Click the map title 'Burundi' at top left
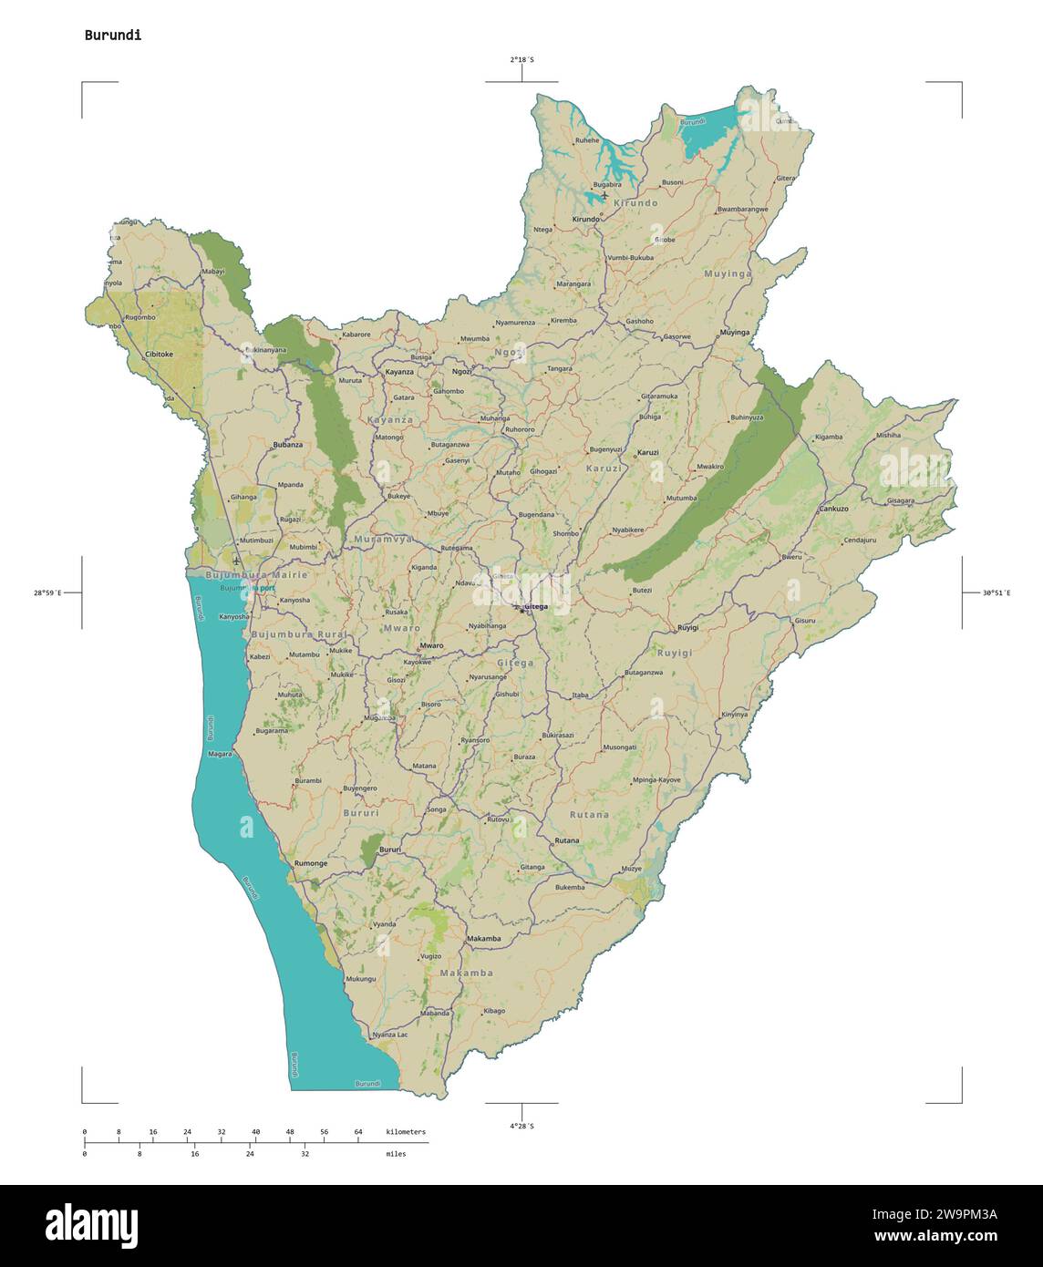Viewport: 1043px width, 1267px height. [112, 36]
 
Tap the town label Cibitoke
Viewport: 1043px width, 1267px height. [159, 354]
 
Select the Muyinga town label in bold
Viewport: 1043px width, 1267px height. [734, 333]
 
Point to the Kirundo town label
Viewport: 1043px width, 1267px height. [585, 220]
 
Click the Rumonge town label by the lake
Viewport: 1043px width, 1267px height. [311, 862]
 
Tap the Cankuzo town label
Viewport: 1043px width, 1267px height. [833, 508]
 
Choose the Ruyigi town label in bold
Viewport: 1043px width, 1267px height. [689, 628]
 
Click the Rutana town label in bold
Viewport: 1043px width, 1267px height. [566, 840]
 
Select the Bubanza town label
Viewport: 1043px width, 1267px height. [287, 445]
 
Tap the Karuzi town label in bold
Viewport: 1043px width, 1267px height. [647, 453]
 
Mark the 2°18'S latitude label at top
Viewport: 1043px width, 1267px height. [521, 60]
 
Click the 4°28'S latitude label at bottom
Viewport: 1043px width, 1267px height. [521, 1127]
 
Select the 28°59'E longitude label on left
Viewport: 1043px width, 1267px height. [48, 593]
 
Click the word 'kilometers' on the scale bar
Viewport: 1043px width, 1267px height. [406, 1131]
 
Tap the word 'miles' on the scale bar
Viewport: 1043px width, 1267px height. [396, 1154]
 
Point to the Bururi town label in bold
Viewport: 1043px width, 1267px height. [390, 850]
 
